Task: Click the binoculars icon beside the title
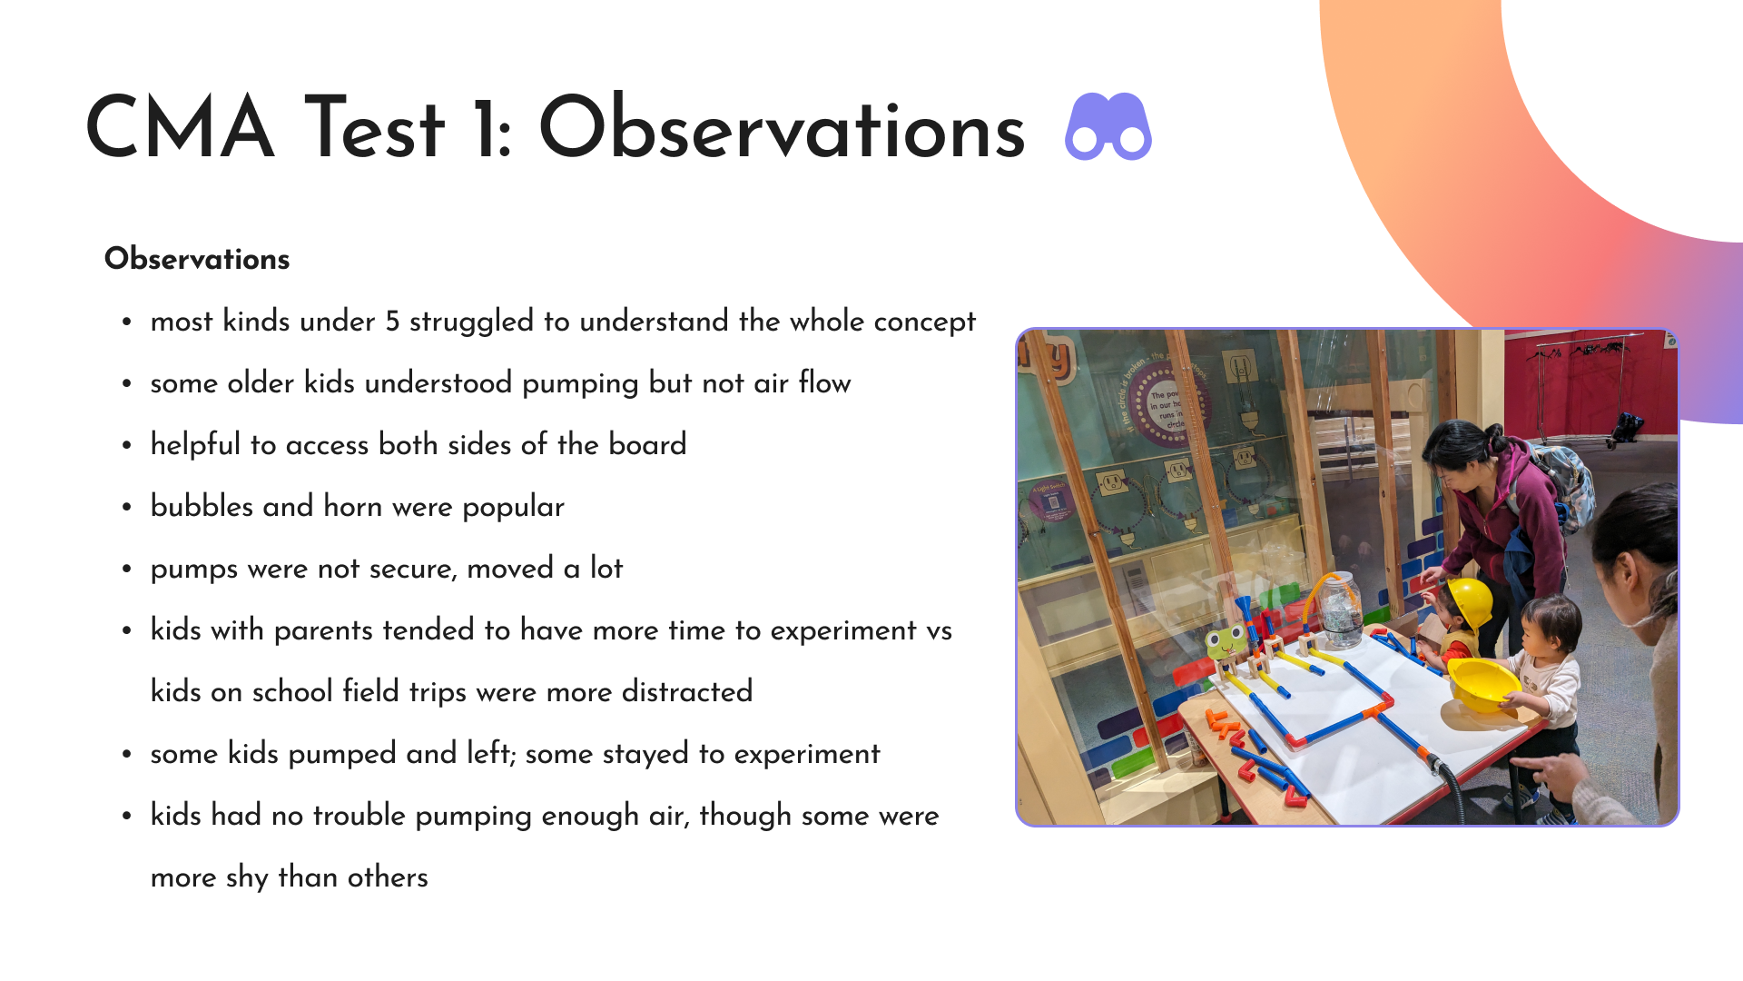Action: click(1108, 127)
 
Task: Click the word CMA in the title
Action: click(180, 128)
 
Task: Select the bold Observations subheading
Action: click(197, 259)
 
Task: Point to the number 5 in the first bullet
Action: click(392, 322)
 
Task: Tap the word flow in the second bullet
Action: click(824, 382)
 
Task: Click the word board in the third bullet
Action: click(647, 444)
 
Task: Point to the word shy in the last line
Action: click(247, 877)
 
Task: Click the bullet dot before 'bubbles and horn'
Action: click(127, 508)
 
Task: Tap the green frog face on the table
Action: click(1225, 642)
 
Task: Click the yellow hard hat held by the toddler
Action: click(1483, 685)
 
